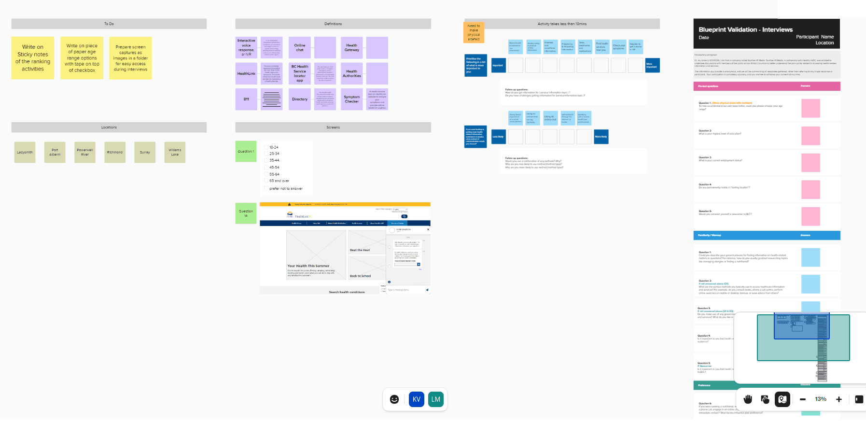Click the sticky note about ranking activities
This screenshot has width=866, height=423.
coord(33,58)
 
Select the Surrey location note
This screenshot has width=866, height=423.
coord(145,152)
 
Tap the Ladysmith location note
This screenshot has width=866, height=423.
coord(25,152)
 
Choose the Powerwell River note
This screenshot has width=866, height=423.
coord(85,152)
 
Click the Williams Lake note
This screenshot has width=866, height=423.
coord(175,152)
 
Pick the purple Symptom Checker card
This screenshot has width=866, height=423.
coord(351,99)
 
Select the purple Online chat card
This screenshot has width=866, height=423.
coord(300,47)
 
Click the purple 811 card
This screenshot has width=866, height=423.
coord(246,99)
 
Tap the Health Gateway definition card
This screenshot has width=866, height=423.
coord(351,47)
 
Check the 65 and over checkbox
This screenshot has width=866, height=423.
coord(266,181)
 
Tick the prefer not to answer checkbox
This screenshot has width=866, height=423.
coord(266,188)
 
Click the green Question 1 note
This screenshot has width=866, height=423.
coord(246,151)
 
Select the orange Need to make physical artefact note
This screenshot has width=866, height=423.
coord(474,32)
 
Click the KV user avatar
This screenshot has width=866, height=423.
coord(417,399)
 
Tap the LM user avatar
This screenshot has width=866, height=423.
coord(436,399)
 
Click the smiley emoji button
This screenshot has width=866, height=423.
coord(394,399)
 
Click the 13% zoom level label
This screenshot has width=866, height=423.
coord(821,399)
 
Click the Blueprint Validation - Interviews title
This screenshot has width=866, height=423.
coord(745,29)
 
